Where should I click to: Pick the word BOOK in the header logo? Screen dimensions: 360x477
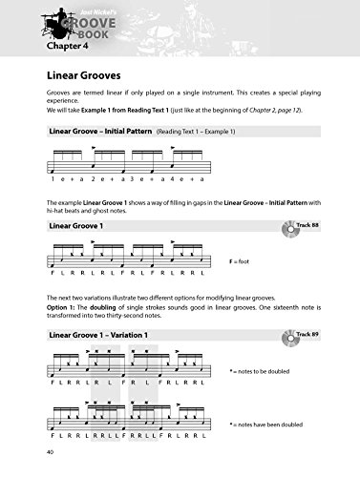[x=93, y=30]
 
